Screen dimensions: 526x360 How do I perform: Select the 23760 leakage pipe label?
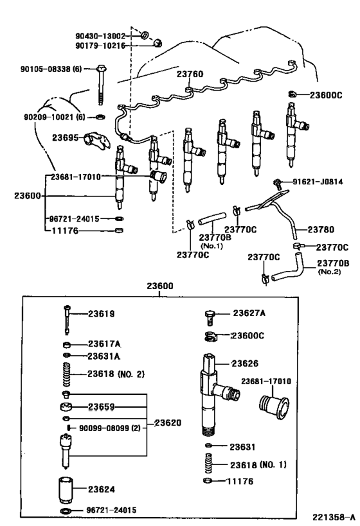190,75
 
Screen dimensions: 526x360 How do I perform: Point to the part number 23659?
102,406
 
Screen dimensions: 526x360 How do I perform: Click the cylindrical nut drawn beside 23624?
65,489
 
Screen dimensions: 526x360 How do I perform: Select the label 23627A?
249,314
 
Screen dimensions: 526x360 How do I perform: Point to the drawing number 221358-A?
334,518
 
